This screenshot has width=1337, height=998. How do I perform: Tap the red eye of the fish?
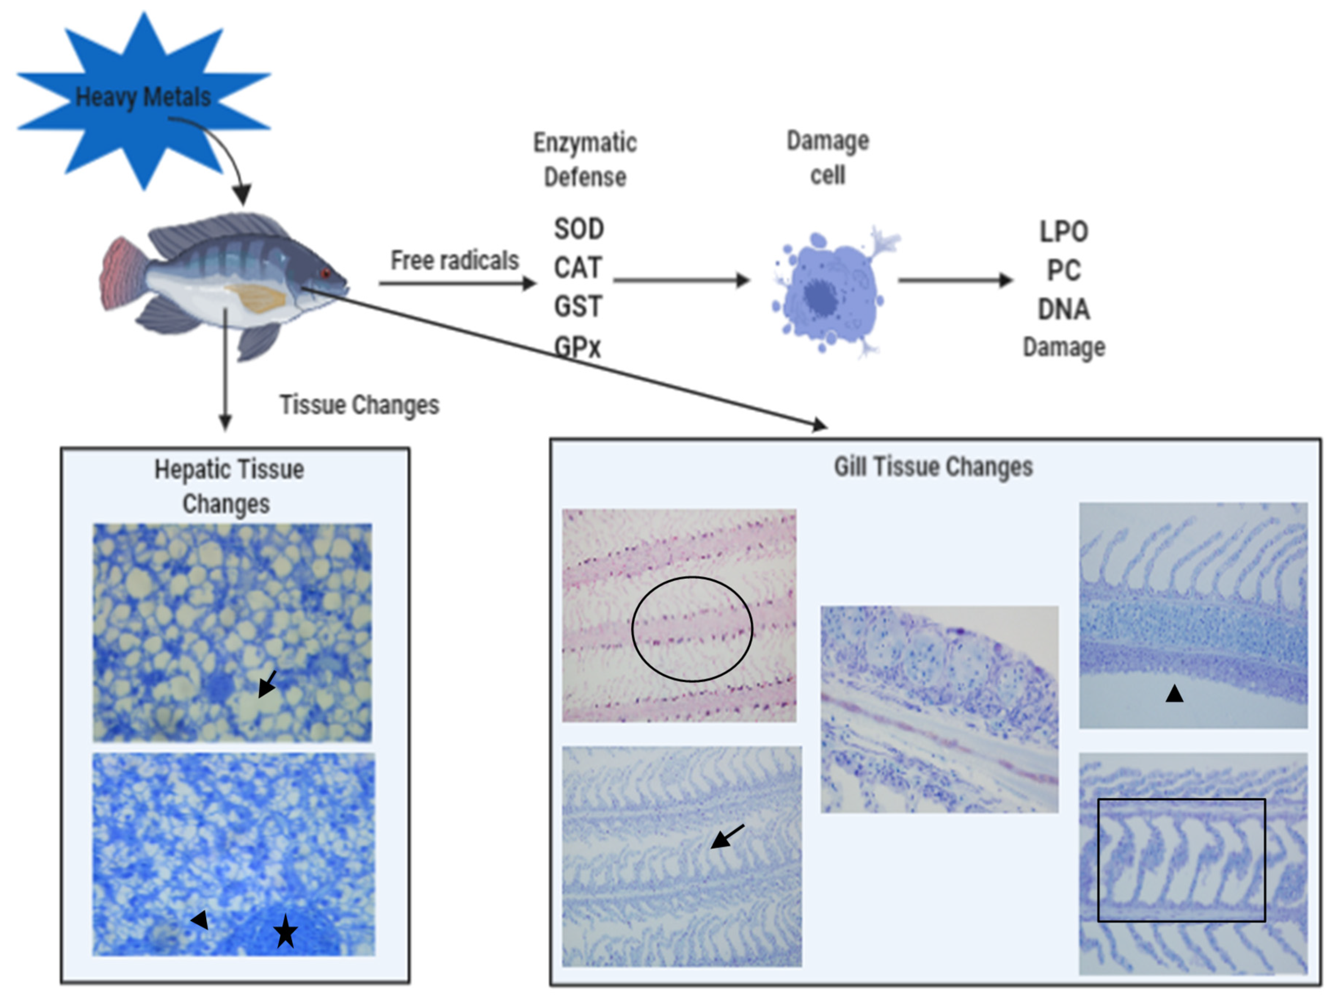[326, 274]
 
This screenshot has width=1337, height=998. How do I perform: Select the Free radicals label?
[454, 260]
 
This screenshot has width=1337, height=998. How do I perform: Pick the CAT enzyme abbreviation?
[578, 268]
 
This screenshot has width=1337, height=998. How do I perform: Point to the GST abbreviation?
[578, 306]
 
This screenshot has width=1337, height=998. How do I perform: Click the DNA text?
[1063, 309]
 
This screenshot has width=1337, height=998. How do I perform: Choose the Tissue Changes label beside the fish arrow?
[359, 405]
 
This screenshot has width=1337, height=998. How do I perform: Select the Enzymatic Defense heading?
[584, 159]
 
